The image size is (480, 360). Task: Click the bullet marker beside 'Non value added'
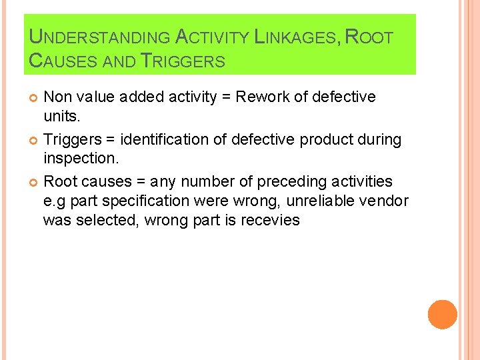34,98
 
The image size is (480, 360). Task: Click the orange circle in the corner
442,315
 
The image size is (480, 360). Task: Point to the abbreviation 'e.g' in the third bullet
55,201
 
